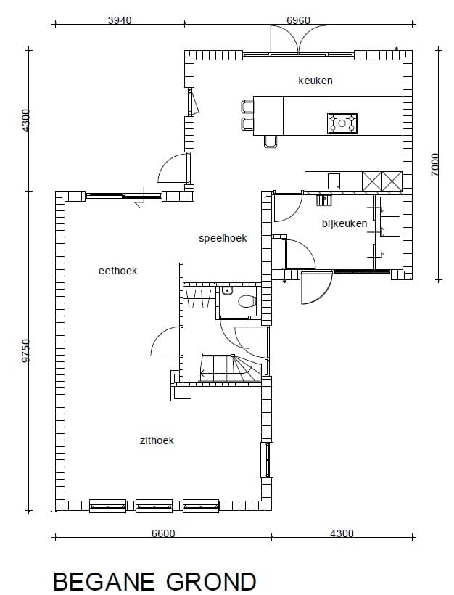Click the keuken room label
315,81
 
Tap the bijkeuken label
344,223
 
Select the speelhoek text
223,238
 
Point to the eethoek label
117,271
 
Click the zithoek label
157,440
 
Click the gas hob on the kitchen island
342,123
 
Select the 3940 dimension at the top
120,20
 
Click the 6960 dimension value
298,20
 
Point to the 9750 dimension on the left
26,350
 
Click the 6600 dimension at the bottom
163,533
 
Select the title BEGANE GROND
154,581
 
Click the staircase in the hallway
230,368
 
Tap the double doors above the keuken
298,39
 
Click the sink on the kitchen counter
334,181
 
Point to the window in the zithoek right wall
267,460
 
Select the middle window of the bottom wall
154,506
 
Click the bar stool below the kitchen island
271,141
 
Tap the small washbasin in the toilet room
227,291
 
